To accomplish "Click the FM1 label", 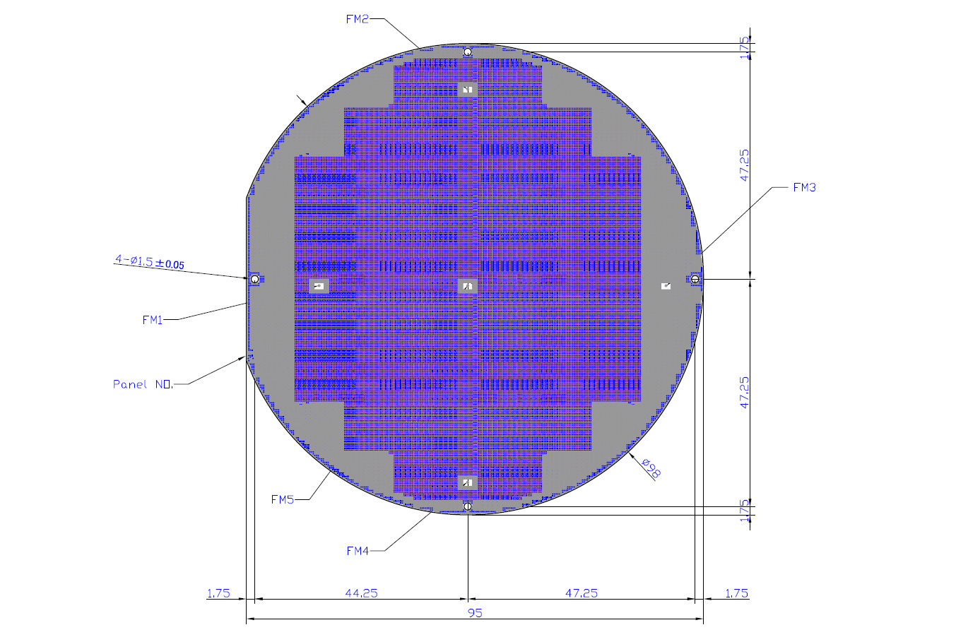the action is [x=153, y=320].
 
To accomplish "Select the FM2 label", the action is [x=358, y=19].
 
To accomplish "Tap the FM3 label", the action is [x=805, y=187].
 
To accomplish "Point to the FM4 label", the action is [x=358, y=551].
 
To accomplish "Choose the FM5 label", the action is [x=283, y=499].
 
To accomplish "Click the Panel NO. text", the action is [x=143, y=384].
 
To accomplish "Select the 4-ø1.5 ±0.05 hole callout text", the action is [x=150, y=261].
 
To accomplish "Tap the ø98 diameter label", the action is [x=651, y=468].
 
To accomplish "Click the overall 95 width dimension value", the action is [x=475, y=613].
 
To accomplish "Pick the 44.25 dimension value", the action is [x=362, y=593].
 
